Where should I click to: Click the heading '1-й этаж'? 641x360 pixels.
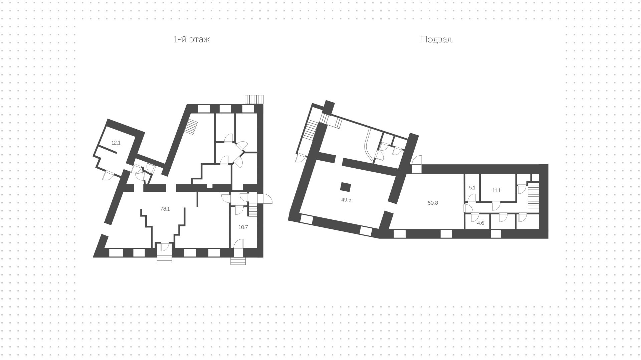coord(192,40)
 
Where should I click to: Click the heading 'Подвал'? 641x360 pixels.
coord(436,40)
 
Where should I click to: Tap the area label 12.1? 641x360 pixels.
coord(116,143)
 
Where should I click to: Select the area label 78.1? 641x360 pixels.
coord(165,209)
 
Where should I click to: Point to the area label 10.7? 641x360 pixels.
coord(243,227)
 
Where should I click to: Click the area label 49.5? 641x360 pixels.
coord(346,200)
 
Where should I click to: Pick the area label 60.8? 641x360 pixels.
coord(433,203)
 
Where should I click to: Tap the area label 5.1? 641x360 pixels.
coord(472,188)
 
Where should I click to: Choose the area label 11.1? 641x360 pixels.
coord(496,190)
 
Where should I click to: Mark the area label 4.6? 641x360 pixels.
coord(480,223)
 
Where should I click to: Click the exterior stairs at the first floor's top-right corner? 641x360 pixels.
coord(254,100)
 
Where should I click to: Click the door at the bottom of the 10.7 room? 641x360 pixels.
coord(238,243)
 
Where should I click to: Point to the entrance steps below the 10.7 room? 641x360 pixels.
coord(238,261)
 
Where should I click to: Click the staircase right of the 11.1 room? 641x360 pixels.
coord(533,195)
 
